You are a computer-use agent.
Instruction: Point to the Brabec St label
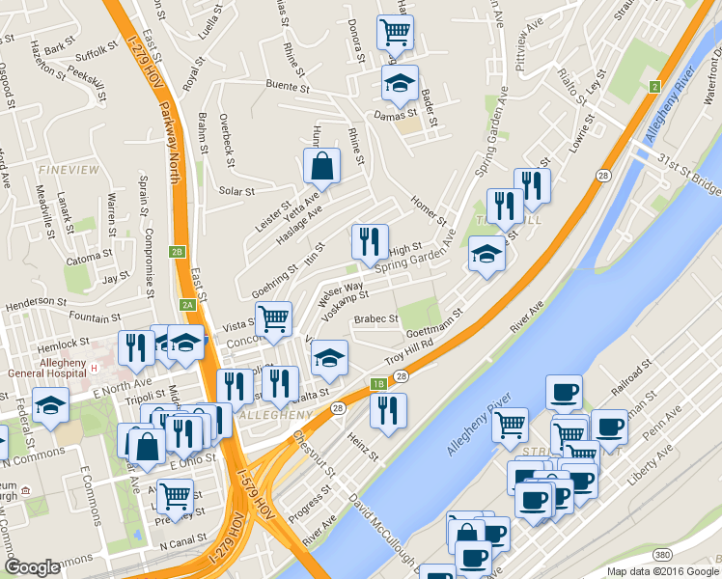[375, 318]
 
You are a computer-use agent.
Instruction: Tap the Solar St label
[236, 191]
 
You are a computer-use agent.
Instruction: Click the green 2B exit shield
[177, 252]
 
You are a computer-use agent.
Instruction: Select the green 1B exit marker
[379, 383]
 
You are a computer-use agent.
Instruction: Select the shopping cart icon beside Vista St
[274, 318]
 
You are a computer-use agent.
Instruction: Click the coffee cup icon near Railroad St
[564, 392]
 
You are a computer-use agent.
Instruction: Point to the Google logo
[32, 567]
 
